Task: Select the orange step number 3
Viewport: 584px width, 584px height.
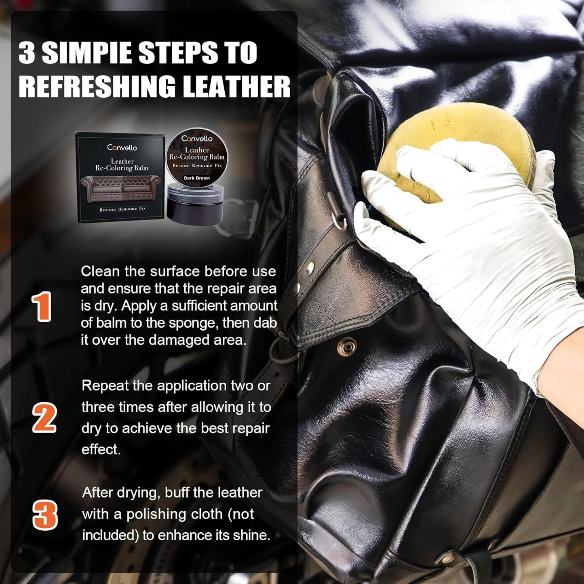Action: pos(45,515)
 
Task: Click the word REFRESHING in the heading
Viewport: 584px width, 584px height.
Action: pos(97,86)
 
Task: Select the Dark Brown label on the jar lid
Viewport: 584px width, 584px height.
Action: pos(197,178)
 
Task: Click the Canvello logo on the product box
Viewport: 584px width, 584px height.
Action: pos(122,148)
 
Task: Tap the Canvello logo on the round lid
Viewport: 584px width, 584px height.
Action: pos(197,139)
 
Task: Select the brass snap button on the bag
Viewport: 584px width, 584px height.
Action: pos(347,346)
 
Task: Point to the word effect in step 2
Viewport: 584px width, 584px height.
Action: pos(101,449)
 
